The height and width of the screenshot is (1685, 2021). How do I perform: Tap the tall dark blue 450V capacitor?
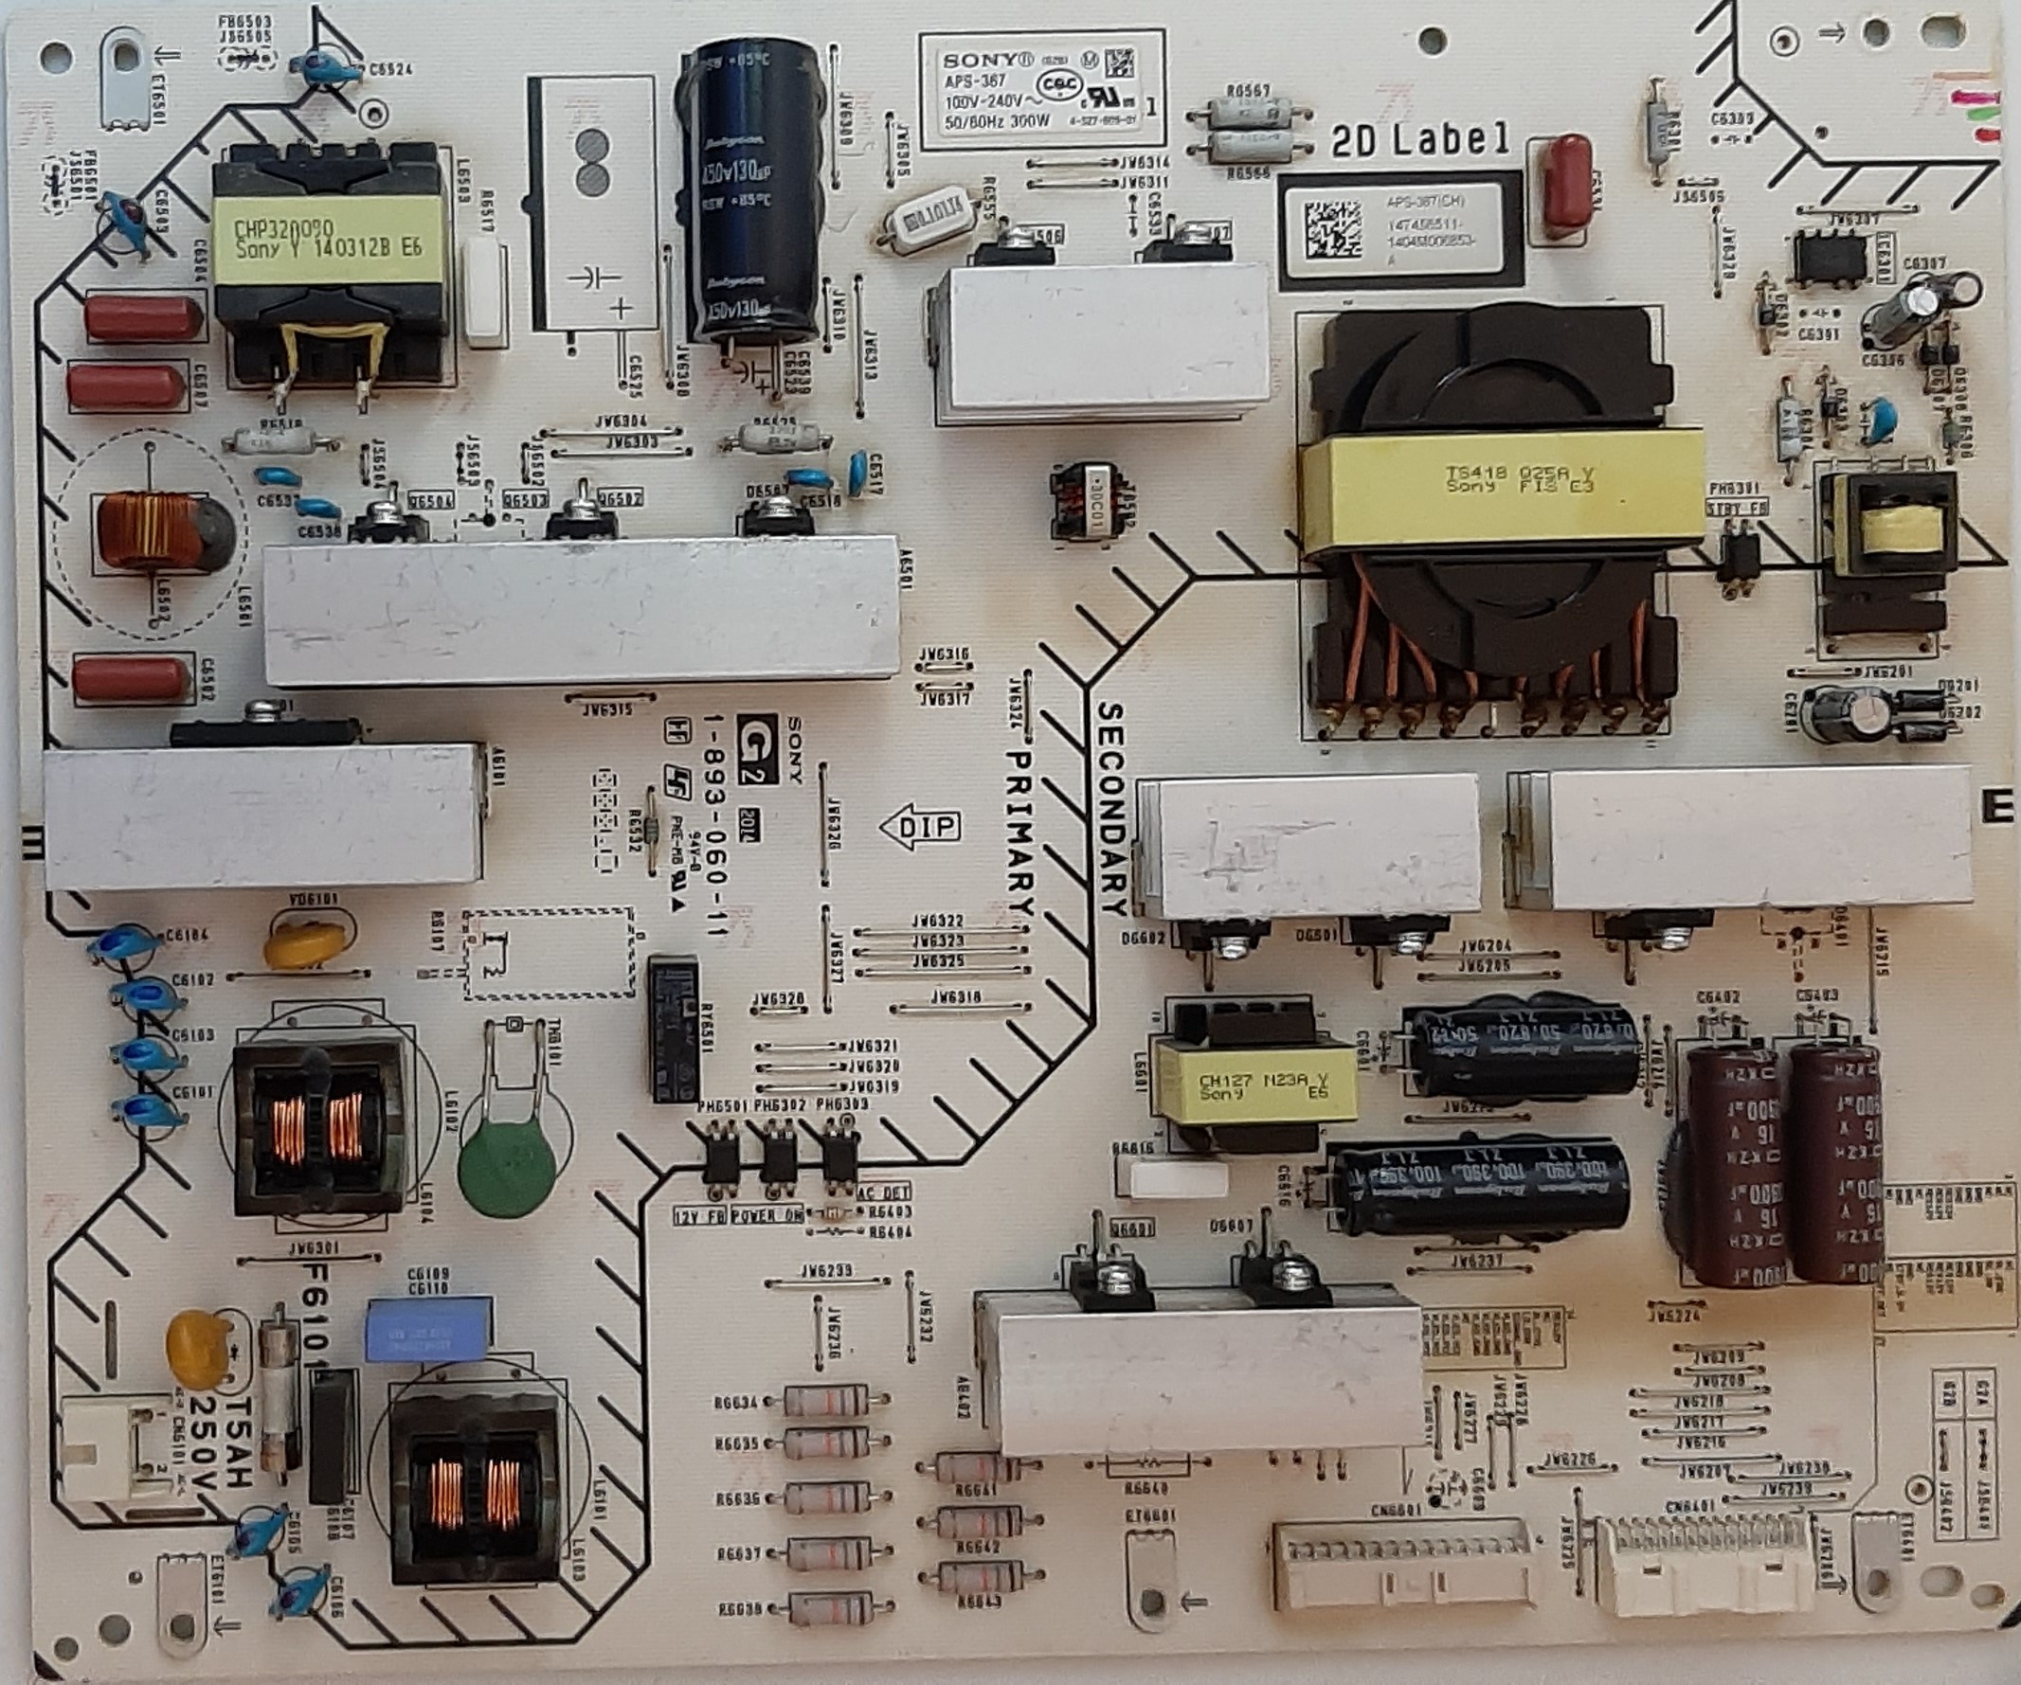(749, 192)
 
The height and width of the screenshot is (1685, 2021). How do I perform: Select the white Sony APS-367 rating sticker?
(1041, 88)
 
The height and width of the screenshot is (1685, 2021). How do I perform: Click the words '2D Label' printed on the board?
(1420, 141)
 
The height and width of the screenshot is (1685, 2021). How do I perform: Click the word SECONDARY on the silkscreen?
(1110, 808)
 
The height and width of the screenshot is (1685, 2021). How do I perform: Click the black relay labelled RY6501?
(674, 1028)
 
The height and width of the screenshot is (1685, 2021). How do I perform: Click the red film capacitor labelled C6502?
(132, 678)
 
